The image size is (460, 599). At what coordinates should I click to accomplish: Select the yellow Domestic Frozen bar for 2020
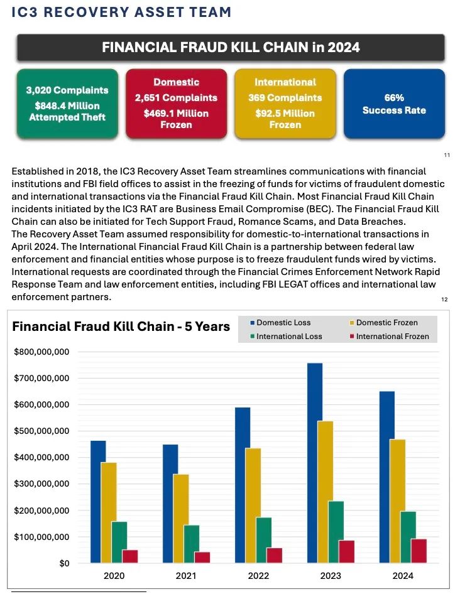[x=109, y=512]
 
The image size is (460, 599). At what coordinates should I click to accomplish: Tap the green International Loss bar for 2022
[x=263, y=540]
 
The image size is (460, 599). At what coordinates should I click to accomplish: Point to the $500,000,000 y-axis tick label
[x=41, y=431]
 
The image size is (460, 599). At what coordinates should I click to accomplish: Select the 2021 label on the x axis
[x=186, y=576]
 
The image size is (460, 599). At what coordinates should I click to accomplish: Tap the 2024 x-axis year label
[x=403, y=576]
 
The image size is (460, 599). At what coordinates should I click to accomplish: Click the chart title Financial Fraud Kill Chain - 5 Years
[x=121, y=326]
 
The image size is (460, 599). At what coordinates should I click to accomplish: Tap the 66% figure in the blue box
[x=394, y=98]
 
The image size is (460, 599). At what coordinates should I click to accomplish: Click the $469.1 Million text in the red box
[x=176, y=113]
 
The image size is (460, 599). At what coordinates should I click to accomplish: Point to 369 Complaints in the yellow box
[x=285, y=98]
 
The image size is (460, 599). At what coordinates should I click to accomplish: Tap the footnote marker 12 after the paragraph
[x=444, y=300]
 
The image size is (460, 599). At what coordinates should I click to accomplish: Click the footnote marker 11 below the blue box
[x=447, y=154]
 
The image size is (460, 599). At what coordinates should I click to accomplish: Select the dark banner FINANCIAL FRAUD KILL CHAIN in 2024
[x=231, y=47]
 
